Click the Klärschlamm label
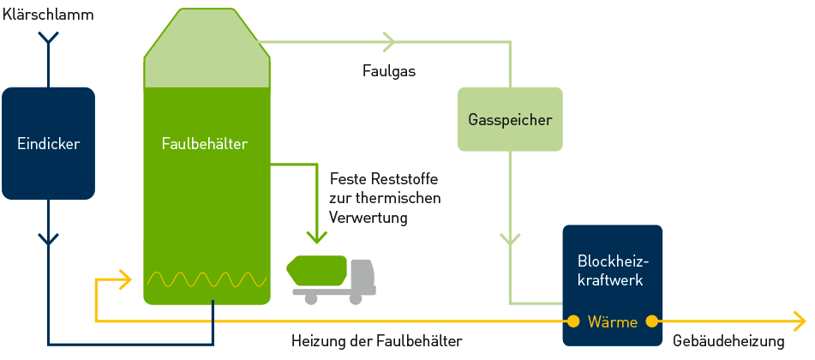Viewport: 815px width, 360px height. click(48, 15)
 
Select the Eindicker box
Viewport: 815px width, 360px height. click(48, 144)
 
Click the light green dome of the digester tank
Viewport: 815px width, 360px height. click(207, 51)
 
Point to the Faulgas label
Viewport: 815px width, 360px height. click(388, 71)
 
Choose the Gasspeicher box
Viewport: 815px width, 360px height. click(510, 119)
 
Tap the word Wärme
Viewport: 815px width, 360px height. click(612, 322)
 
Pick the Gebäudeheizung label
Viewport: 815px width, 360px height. click(728, 341)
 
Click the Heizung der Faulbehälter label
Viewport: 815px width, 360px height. click(376, 341)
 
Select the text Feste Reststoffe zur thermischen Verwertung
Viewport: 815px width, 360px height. click(385, 198)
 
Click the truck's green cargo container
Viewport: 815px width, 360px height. click(318, 271)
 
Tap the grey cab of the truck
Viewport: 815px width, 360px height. click(363, 274)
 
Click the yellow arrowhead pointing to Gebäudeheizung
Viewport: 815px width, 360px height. click(800, 322)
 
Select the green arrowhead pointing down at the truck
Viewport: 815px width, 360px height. click(316, 236)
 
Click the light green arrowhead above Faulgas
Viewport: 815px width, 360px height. click(390, 40)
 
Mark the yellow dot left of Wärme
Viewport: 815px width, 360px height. click(572, 322)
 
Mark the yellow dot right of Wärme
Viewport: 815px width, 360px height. click(651, 322)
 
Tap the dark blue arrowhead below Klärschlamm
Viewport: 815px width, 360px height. click(49, 39)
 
